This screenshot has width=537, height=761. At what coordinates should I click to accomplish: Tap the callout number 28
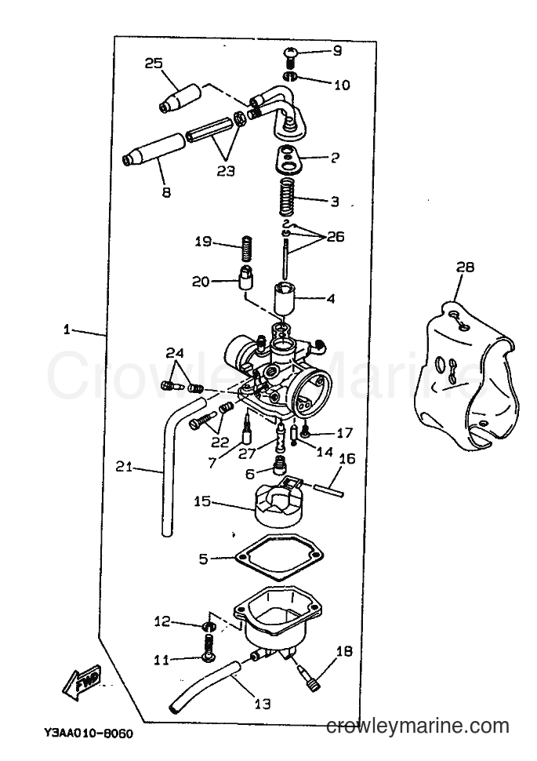point(464,267)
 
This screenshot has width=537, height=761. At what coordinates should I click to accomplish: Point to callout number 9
point(337,50)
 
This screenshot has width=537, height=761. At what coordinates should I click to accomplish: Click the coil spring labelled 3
point(288,198)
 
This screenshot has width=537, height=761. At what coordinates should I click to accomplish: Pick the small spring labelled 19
point(248,248)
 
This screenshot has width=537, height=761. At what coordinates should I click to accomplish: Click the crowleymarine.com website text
point(418,726)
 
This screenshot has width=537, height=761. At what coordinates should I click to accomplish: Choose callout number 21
point(124,467)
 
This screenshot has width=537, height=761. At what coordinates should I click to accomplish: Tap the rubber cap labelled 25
point(180,99)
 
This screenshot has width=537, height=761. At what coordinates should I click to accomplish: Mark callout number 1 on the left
point(67,330)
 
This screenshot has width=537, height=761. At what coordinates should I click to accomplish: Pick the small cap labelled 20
point(245,278)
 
